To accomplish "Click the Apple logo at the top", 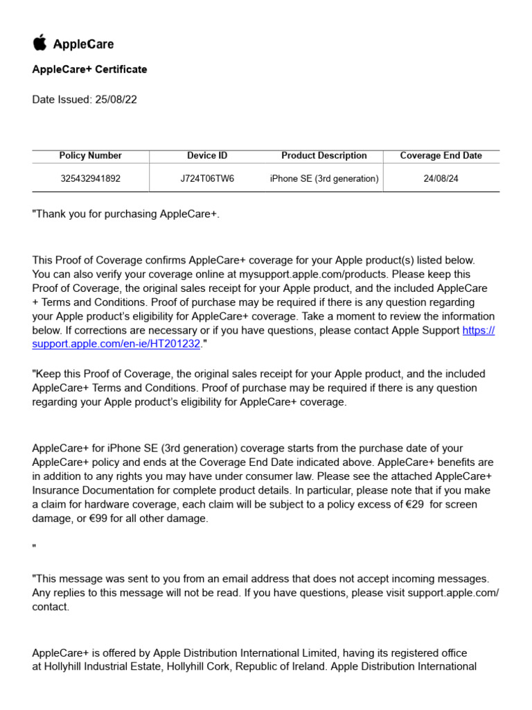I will tap(39, 43).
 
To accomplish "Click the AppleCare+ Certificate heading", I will tap(89, 69).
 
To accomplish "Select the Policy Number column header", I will tap(91, 155).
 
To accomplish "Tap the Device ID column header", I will tap(207, 155).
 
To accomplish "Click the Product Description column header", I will tap(323, 155).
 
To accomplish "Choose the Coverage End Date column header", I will tap(441, 155).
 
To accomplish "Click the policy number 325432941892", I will tap(91, 178).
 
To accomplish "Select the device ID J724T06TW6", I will tap(207, 178).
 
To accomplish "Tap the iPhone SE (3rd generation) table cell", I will tap(323, 178).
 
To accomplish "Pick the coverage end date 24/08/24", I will tap(441, 178).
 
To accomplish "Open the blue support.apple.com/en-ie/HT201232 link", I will tap(116, 344).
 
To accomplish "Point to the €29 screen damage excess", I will tap(416, 504).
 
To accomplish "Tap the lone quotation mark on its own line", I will tap(34, 548).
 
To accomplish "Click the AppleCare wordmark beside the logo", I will tap(83, 44).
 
